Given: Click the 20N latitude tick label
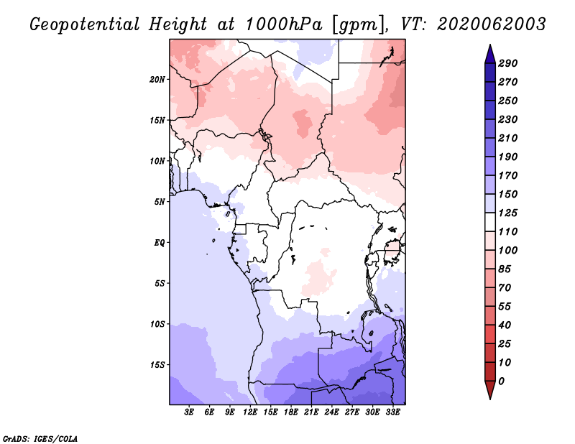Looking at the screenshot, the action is click(157, 80).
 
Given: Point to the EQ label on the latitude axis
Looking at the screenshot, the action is click(160, 243).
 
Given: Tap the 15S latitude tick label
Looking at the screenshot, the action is click(157, 365).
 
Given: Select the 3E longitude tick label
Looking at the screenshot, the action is click(189, 412).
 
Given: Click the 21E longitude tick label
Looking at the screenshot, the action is click(311, 412).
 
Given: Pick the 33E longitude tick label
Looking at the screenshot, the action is click(392, 412).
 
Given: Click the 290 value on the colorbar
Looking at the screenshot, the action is click(507, 63).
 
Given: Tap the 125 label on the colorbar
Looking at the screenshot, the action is click(507, 213).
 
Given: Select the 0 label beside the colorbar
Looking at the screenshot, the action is click(501, 381).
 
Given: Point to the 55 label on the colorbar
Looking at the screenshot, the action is click(505, 307).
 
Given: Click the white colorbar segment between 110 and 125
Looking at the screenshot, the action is click(490, 222).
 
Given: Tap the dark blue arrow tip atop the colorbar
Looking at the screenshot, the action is click(490, 45).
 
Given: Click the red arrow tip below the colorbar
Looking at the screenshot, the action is click(490, 398).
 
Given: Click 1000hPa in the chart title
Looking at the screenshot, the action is click(283, 24).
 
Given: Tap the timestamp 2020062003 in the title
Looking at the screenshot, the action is click(492, 24).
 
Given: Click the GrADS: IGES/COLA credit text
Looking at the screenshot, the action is click(40, 439).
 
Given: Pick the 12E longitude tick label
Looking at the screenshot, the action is click(249, 412).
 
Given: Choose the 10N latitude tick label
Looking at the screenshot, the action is click(157, 161).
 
